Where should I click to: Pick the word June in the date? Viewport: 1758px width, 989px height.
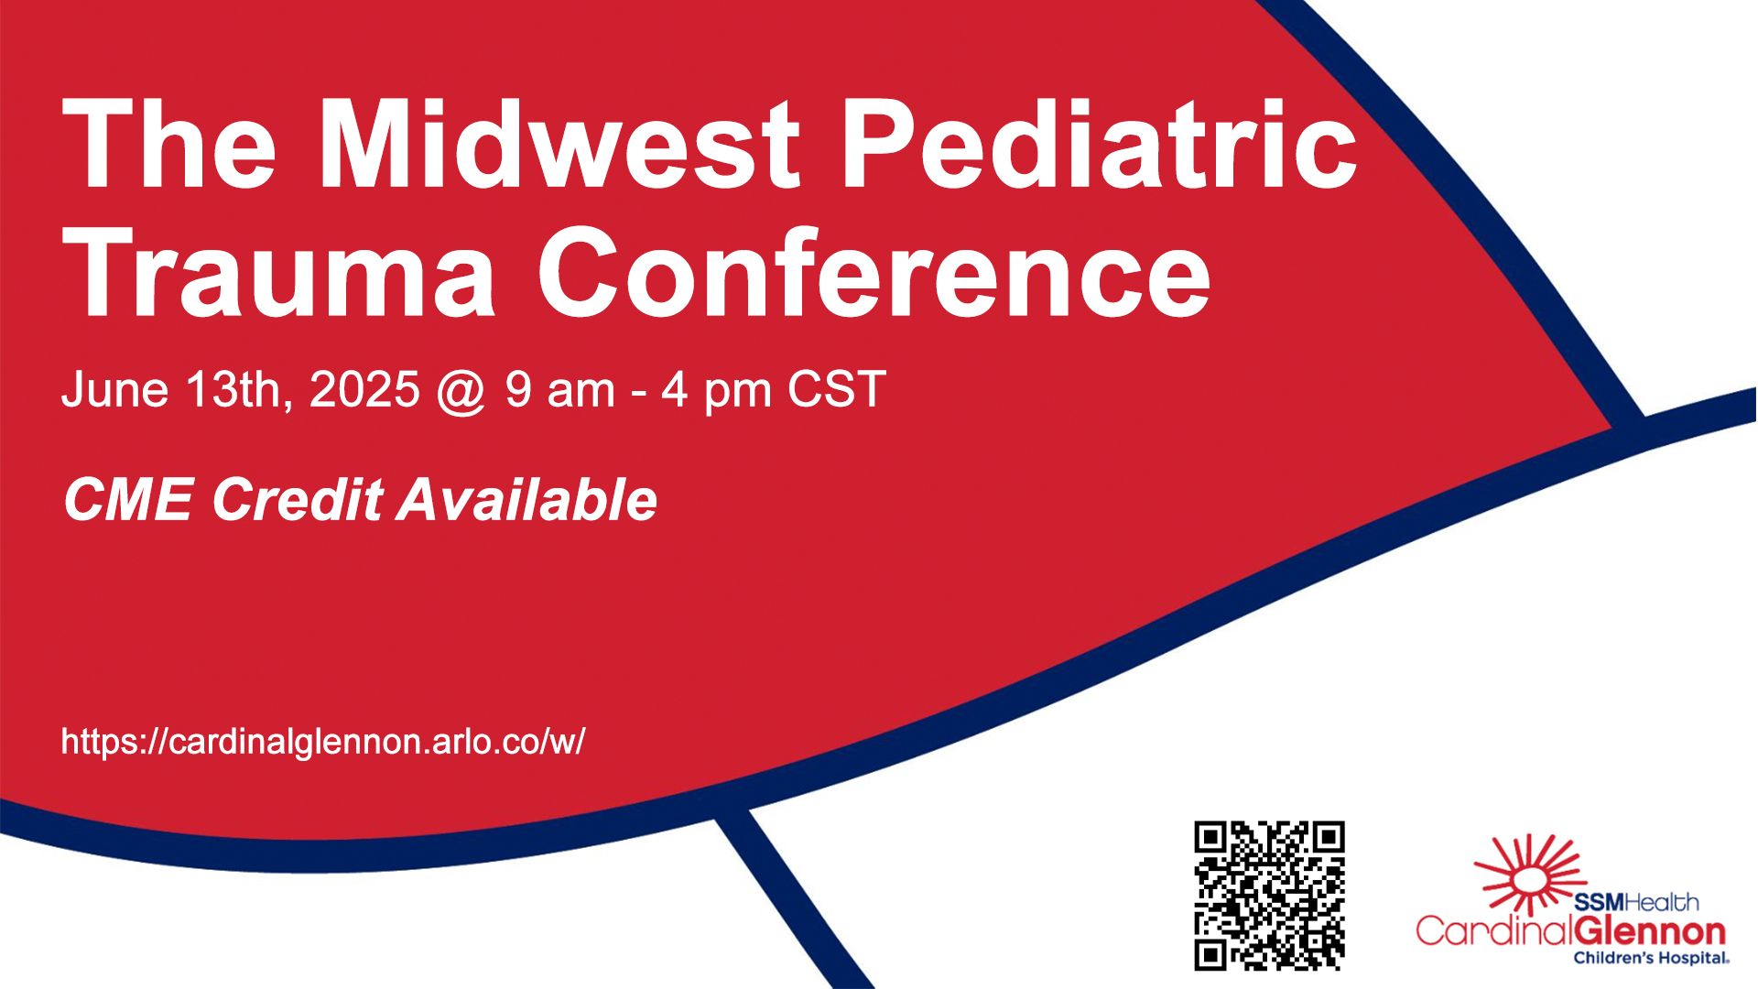[x=115, y=389]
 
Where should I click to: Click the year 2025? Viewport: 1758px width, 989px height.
[x=364, y=389]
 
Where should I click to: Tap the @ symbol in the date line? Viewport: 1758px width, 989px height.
[x=461, y=392]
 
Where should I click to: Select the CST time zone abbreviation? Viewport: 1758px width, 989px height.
[x=836, y=389]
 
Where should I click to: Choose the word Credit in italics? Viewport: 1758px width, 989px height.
[x=298, y=500]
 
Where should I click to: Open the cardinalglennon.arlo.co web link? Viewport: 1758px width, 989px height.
[x=323, y=741]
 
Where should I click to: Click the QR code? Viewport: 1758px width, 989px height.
[x=1269, y=896]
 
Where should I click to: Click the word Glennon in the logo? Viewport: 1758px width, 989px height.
[x=1650, y=932]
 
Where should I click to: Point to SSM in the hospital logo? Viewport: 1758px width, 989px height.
[x=1598, y=903]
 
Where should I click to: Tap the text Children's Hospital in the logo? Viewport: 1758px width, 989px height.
[x=1651, y=959]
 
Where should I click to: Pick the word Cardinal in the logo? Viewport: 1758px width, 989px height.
[x=1494, y=930]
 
